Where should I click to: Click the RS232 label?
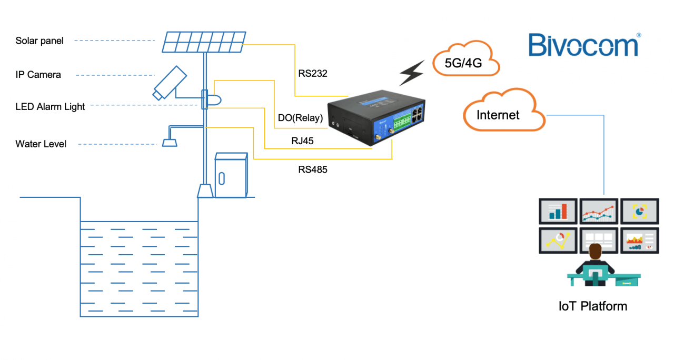(312, 74)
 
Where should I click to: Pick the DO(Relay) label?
(300, 118)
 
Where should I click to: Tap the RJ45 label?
(304, 141)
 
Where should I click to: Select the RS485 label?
(312, 169)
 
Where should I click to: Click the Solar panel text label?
(39, 41)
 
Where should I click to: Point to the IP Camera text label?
(38, 75)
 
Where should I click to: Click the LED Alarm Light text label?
(50, 107)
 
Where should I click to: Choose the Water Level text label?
(41, 144)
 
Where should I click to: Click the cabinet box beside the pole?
(231, 175)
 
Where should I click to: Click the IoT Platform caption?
(593, 306)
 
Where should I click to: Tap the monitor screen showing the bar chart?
(558, 211)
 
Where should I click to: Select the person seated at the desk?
(595, 263)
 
